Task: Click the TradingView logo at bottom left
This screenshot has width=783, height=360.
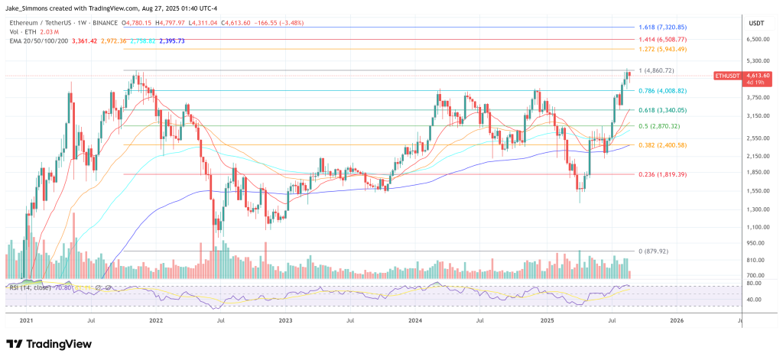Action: point(47,343)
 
